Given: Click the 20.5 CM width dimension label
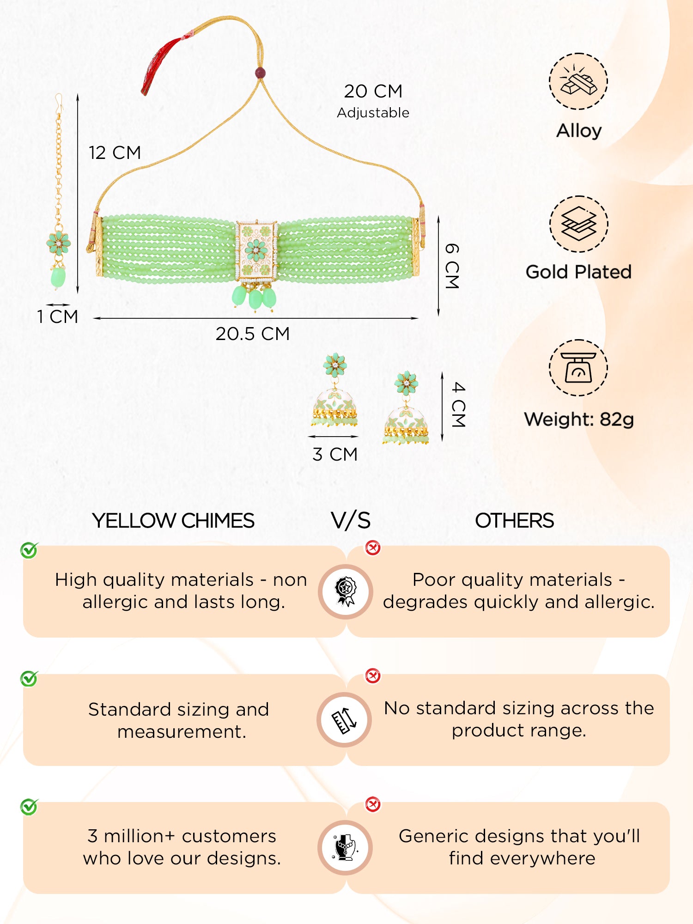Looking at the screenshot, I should pyautogui.click(x=252, y=334).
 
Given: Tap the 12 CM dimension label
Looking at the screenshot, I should pyautogui.click(x=115, y=153).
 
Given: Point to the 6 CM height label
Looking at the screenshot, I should pyautogui.click(x=451, y=266).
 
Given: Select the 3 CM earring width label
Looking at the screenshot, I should pyautogui.click(x=335, y=455).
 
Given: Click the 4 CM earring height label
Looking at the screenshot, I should pyautogui.click(x=458, y=405).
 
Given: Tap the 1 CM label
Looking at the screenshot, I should pyautogui.click(x=57, y=317).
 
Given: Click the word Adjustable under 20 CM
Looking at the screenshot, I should pyautogui.click(x=373, y=113).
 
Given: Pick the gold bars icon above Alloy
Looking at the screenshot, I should pyautogui.click(x=578, y=81).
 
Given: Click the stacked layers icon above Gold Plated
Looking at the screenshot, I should pyautogui.click(x=578, y=224).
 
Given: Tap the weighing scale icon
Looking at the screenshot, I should pyautogui.click(x=578, y=368).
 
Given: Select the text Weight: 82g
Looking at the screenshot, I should pyautogui.click(x=578, y=419).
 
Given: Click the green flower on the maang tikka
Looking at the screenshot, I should pyautogui.click(x=58, y=243).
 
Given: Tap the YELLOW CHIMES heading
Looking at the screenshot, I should pyautogui.click(x=173, y=521).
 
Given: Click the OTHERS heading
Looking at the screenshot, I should pyautogui.click(x=514, y=521).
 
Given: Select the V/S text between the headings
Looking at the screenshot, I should pyautogui.click(x=351, y=521).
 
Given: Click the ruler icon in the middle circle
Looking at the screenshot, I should pyautogui.click(x=345, y=720).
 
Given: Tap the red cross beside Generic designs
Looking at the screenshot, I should pyautogui.click(x=373, y=804).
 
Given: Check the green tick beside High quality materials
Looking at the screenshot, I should pyautogui.click(x=29, y=550).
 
